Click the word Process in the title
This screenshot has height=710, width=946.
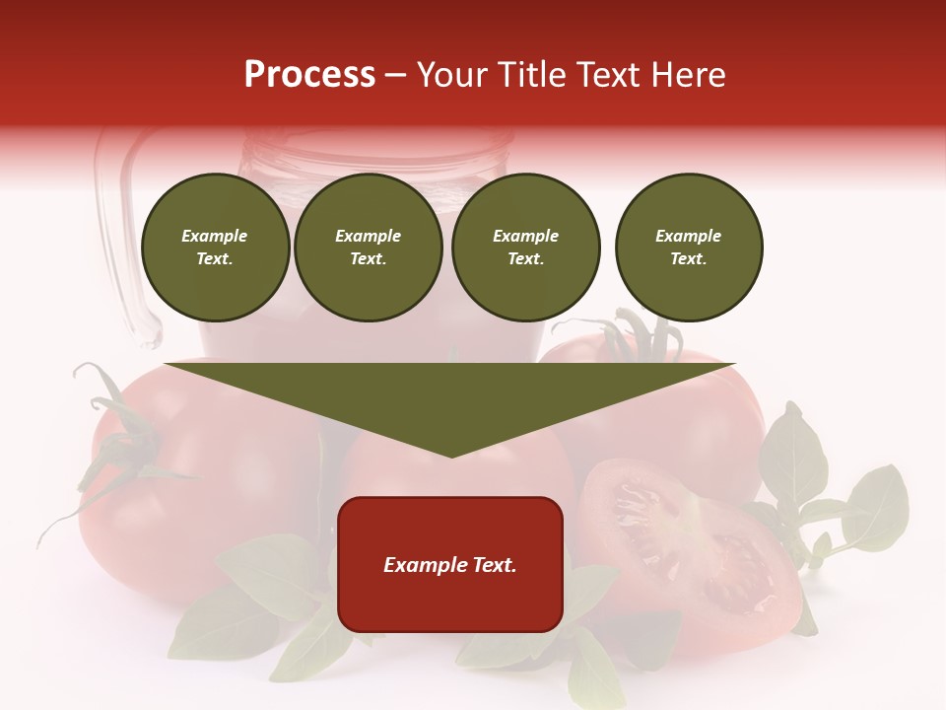309,75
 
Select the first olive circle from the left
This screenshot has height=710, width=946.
216,248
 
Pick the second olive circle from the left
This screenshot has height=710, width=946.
369,248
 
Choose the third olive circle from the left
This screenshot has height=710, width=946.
526,248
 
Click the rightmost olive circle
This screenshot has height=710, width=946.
689,248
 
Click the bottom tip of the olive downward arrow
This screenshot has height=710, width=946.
451,455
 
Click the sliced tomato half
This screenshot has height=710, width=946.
690,552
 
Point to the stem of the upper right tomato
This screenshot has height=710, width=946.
631,335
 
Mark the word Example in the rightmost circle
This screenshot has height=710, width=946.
688,236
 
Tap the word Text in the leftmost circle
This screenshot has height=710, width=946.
214,258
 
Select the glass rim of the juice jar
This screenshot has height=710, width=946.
379,148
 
